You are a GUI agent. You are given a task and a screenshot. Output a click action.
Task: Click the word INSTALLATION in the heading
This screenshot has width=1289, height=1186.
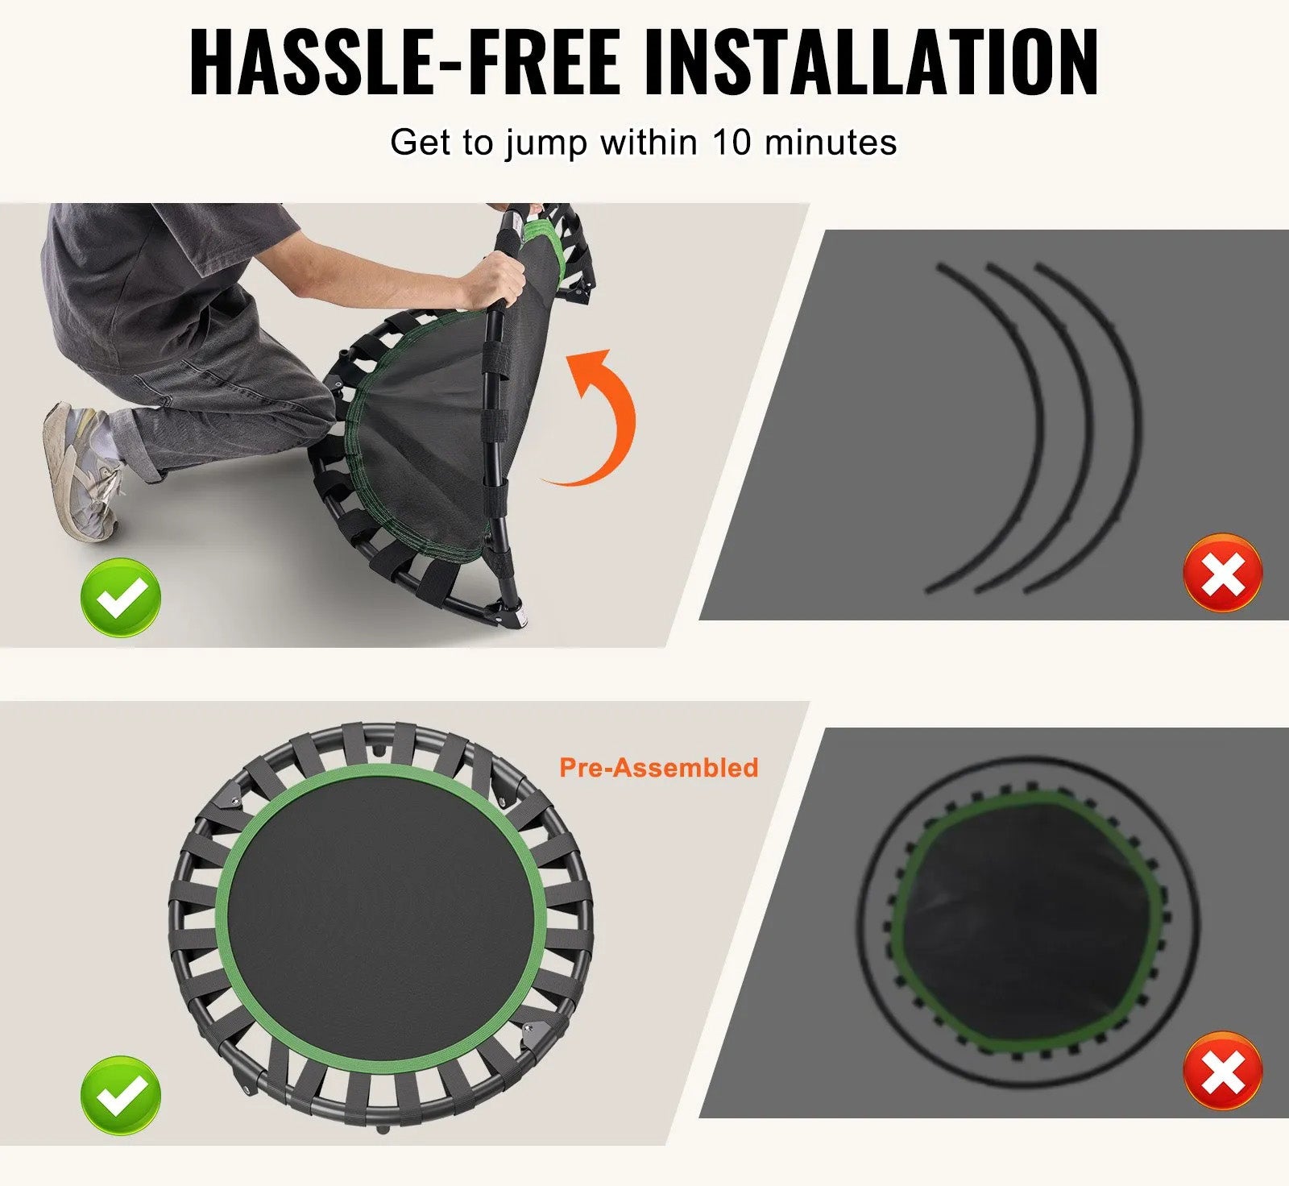872,62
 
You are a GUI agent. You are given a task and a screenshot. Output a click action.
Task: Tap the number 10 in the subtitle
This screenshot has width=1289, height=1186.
732,143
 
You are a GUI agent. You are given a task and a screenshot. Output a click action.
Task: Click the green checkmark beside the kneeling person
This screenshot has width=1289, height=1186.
121,597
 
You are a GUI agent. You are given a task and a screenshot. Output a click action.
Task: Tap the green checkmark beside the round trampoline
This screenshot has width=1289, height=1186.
121,1095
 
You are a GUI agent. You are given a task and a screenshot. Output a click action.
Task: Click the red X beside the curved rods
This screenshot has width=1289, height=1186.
1222,573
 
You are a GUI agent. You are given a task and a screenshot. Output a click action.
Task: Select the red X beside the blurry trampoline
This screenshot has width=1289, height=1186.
1222,1071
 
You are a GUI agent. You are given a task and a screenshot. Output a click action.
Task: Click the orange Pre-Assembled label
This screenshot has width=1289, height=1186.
659,767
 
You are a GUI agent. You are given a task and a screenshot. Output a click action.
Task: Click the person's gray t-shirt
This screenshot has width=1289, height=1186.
153,274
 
